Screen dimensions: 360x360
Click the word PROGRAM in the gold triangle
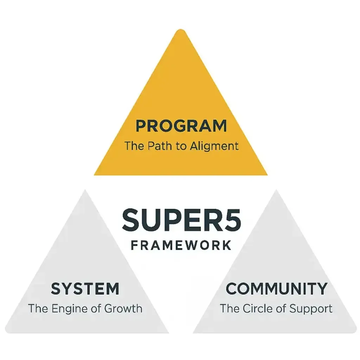[x=181, y=126]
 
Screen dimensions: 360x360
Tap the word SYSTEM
[x=85, y=289]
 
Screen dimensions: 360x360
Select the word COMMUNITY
[x=276, y=289]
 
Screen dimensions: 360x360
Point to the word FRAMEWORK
[x=181, y=245]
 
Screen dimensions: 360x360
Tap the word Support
[x=311, y=309]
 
